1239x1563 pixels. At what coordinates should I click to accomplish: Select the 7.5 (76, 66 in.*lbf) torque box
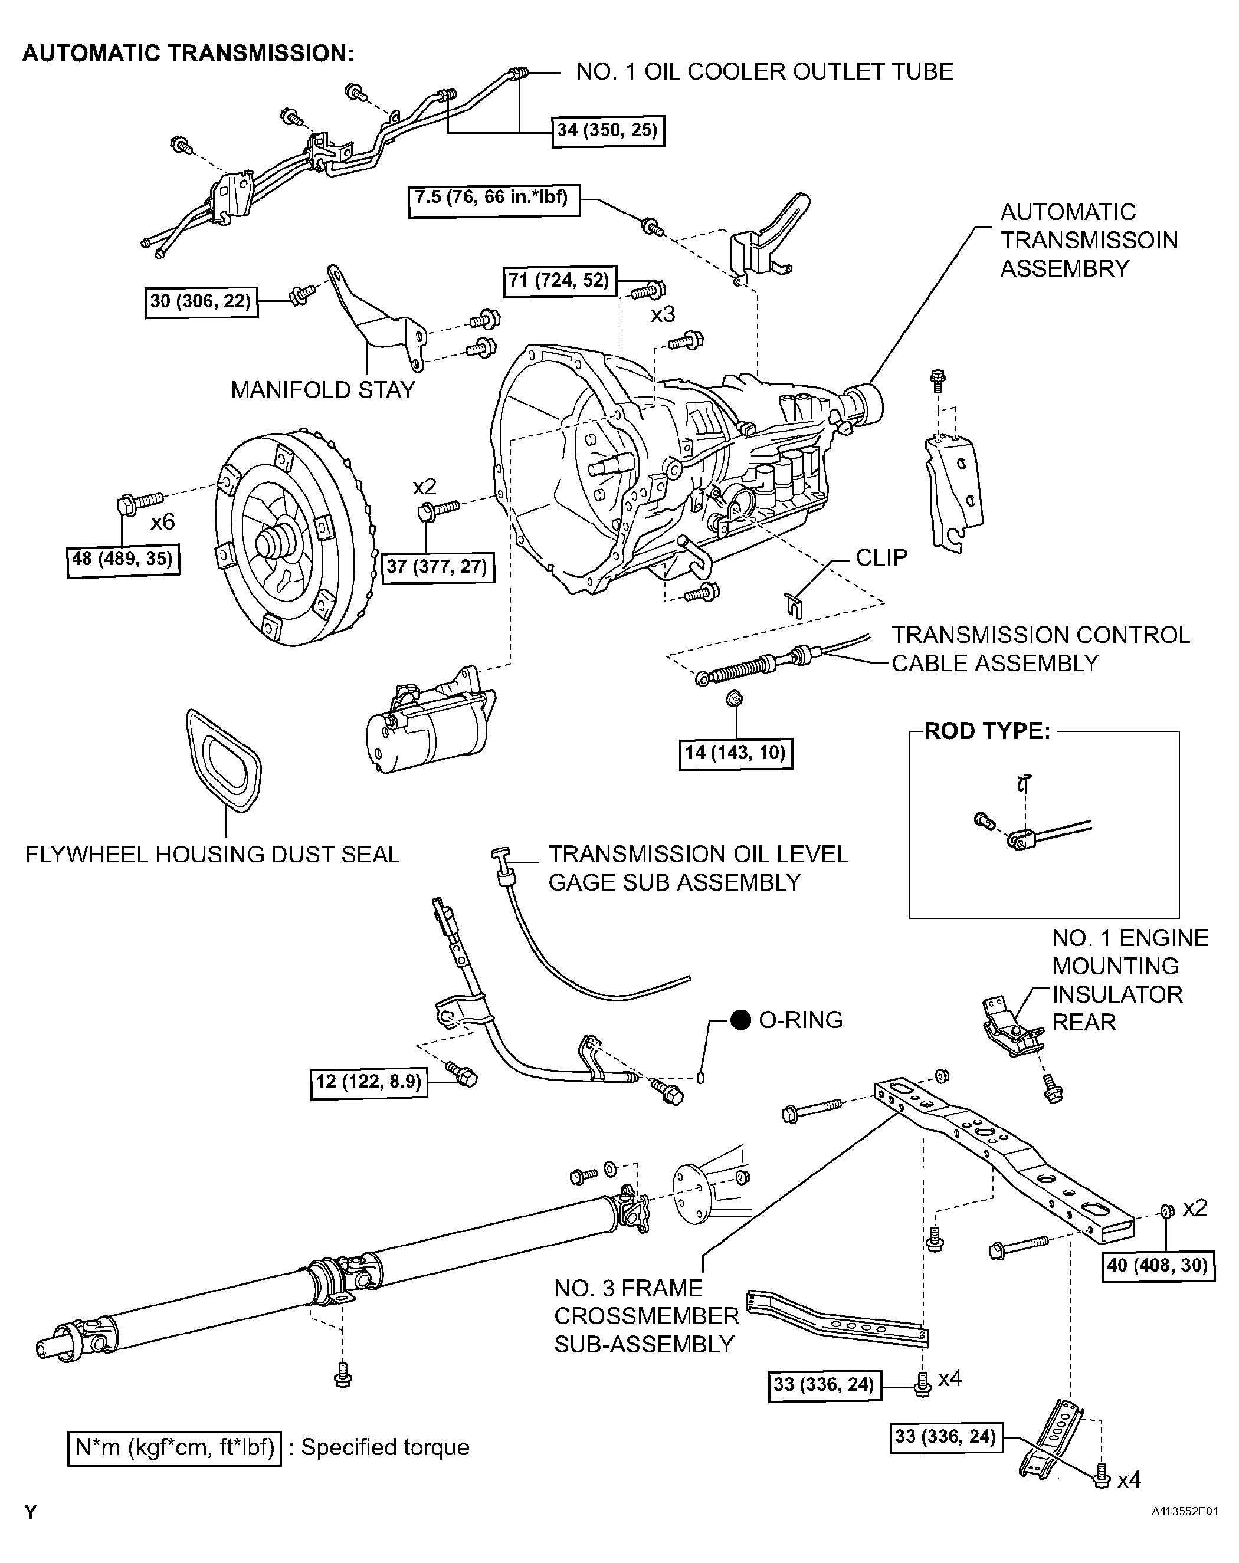(x=494, y=199)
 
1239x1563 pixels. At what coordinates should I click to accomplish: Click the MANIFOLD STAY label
(x=323, y=390)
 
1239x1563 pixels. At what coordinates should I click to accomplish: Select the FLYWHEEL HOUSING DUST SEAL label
(x=212, y=854)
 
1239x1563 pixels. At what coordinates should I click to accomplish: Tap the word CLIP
(x=881, y=557)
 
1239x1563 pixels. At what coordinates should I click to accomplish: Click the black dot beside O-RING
(x=740, y=1019)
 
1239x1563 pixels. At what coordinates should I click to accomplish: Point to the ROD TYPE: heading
(x=986, y=731)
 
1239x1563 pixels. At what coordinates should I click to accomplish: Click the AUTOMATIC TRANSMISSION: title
(x=188, y=53)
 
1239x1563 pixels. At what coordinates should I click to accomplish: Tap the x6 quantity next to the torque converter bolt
(x=162, y=521)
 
